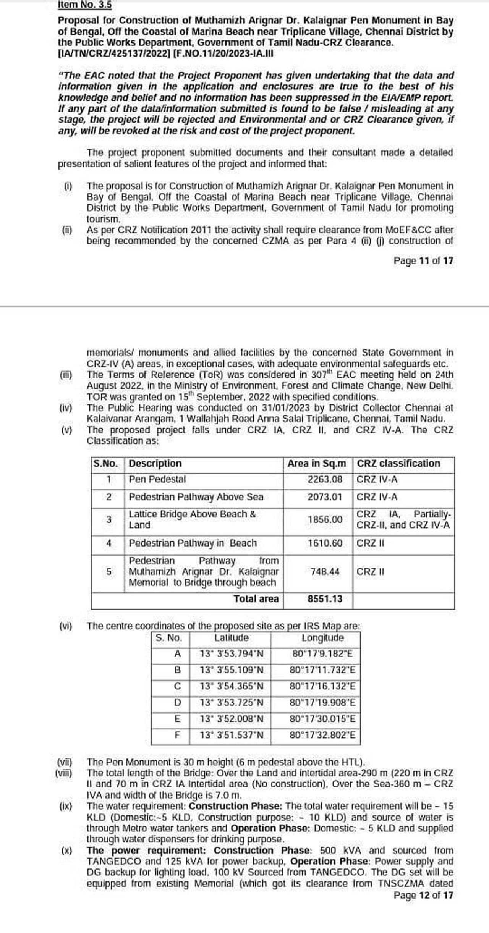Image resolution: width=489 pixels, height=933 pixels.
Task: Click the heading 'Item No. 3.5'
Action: click(85, 5)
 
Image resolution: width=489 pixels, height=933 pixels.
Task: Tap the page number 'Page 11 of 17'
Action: click(423, 261)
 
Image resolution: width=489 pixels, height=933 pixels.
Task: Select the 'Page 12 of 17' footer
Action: click(423, 895)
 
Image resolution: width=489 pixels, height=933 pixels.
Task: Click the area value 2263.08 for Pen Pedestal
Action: click(325, 479)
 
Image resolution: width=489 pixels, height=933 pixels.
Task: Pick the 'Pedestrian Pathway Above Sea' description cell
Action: click(196, 497)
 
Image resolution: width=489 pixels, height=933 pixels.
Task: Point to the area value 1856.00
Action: click(325, 519)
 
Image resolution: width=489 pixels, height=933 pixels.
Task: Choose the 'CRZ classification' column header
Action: click(398, 463)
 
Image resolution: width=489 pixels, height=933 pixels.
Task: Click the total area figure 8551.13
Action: click(325, 598)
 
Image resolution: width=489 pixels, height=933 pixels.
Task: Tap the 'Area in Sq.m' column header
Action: click(317, 463)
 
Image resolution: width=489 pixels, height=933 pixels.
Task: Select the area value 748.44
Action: click(325, 572)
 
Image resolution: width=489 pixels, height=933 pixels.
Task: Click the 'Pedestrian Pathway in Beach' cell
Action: click(193, 543)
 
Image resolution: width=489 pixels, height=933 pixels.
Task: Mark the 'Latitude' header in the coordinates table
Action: click(231, 638)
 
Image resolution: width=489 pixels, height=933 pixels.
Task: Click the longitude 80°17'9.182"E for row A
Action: click(322, 654)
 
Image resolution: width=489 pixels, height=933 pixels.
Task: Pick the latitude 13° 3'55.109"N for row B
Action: click(232, 670)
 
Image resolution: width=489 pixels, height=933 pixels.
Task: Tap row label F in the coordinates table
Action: click(177, 735)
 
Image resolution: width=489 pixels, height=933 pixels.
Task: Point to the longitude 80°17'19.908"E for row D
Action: click(322, 702)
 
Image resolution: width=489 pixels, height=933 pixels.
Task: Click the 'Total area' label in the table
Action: click(256, 598)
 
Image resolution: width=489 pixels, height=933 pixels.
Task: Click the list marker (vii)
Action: click(65, 762)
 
